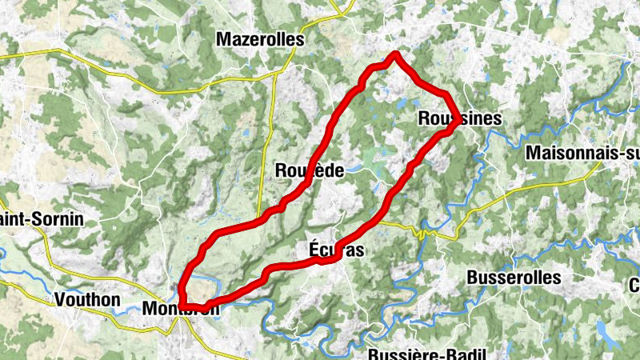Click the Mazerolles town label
(261, 38)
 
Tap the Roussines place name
(460, 118)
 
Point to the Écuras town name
(336, 250)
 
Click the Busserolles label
(513, 278)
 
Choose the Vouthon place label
(88, 300)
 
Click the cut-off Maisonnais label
(583, 153)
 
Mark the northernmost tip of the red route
(395, 54)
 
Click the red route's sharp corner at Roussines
(458, 122)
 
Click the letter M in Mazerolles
(225, 38)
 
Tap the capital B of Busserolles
(470, 278)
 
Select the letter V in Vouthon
(61, 300)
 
